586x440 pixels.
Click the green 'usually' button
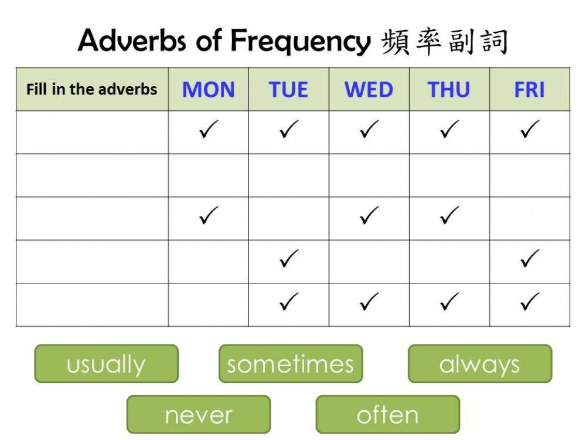point(106,364)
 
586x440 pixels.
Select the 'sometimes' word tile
point(291,364)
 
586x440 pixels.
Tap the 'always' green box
point(479,364)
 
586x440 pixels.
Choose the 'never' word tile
point(199,415)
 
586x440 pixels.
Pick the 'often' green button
point(387,415)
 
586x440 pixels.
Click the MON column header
point(208,90)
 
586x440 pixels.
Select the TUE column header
point(288,90)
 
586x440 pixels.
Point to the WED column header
point(369,90)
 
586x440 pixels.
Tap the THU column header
point(449,90)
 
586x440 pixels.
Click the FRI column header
point(529,90)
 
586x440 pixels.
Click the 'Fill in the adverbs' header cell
point(92,89)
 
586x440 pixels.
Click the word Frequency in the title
point(300,41)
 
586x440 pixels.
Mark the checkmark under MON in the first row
point(208,130)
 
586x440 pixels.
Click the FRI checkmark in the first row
point(529,130)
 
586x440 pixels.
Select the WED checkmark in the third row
point(369,216)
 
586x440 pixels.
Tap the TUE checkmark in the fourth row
point(288,259)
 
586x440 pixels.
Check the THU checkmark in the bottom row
point(449,302)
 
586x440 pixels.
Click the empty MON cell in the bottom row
point(208,305)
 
